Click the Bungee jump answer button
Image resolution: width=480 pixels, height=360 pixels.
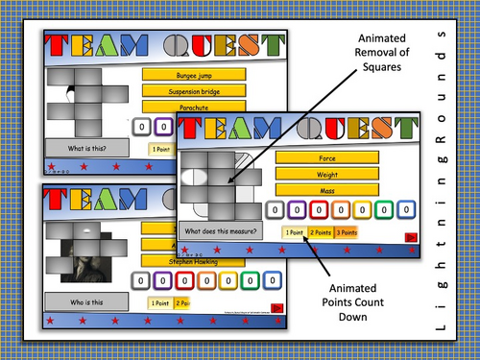coord(186,74)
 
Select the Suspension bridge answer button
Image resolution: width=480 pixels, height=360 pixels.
coord(186,92)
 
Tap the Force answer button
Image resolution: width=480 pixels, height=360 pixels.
coord(326,156)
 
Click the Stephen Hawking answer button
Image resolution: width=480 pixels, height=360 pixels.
coord(180,261)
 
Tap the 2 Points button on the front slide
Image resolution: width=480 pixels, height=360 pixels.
coord(321,232)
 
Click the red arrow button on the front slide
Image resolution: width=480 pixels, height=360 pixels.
coord(410,235)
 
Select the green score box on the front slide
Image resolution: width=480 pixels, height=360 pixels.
coord(386,209)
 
